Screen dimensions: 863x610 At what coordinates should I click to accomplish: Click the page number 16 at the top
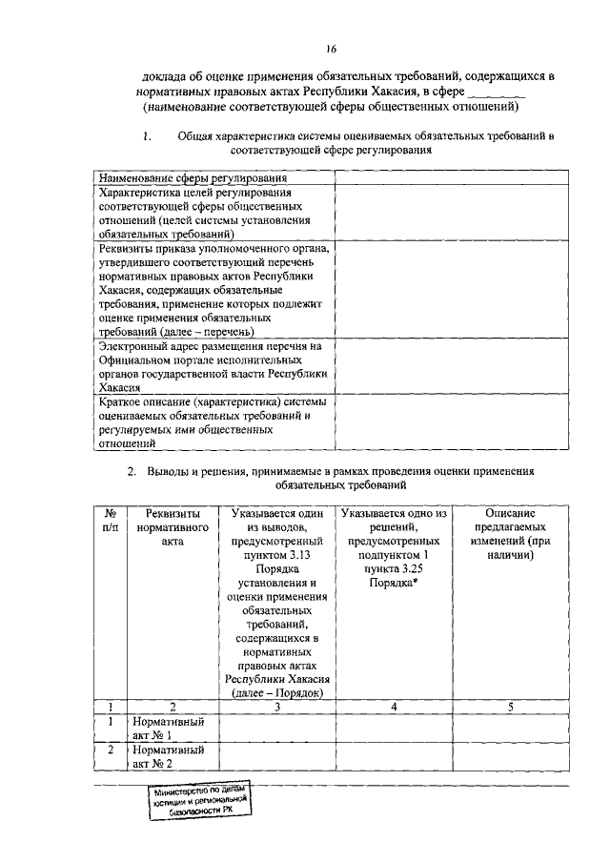[331, 50]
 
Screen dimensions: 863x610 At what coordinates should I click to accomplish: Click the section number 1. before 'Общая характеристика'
[148, 136]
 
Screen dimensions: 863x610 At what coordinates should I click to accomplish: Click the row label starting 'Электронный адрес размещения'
[214, 367]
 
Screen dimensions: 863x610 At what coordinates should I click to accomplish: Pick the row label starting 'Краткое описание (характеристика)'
[214, 422]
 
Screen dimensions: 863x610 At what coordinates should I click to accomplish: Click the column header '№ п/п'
[111, 521]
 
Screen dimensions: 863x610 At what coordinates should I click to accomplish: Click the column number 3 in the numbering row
[276, 707]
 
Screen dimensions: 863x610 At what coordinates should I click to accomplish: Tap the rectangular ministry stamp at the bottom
[198, 802]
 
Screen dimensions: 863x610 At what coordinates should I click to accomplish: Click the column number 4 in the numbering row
[394, 707]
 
